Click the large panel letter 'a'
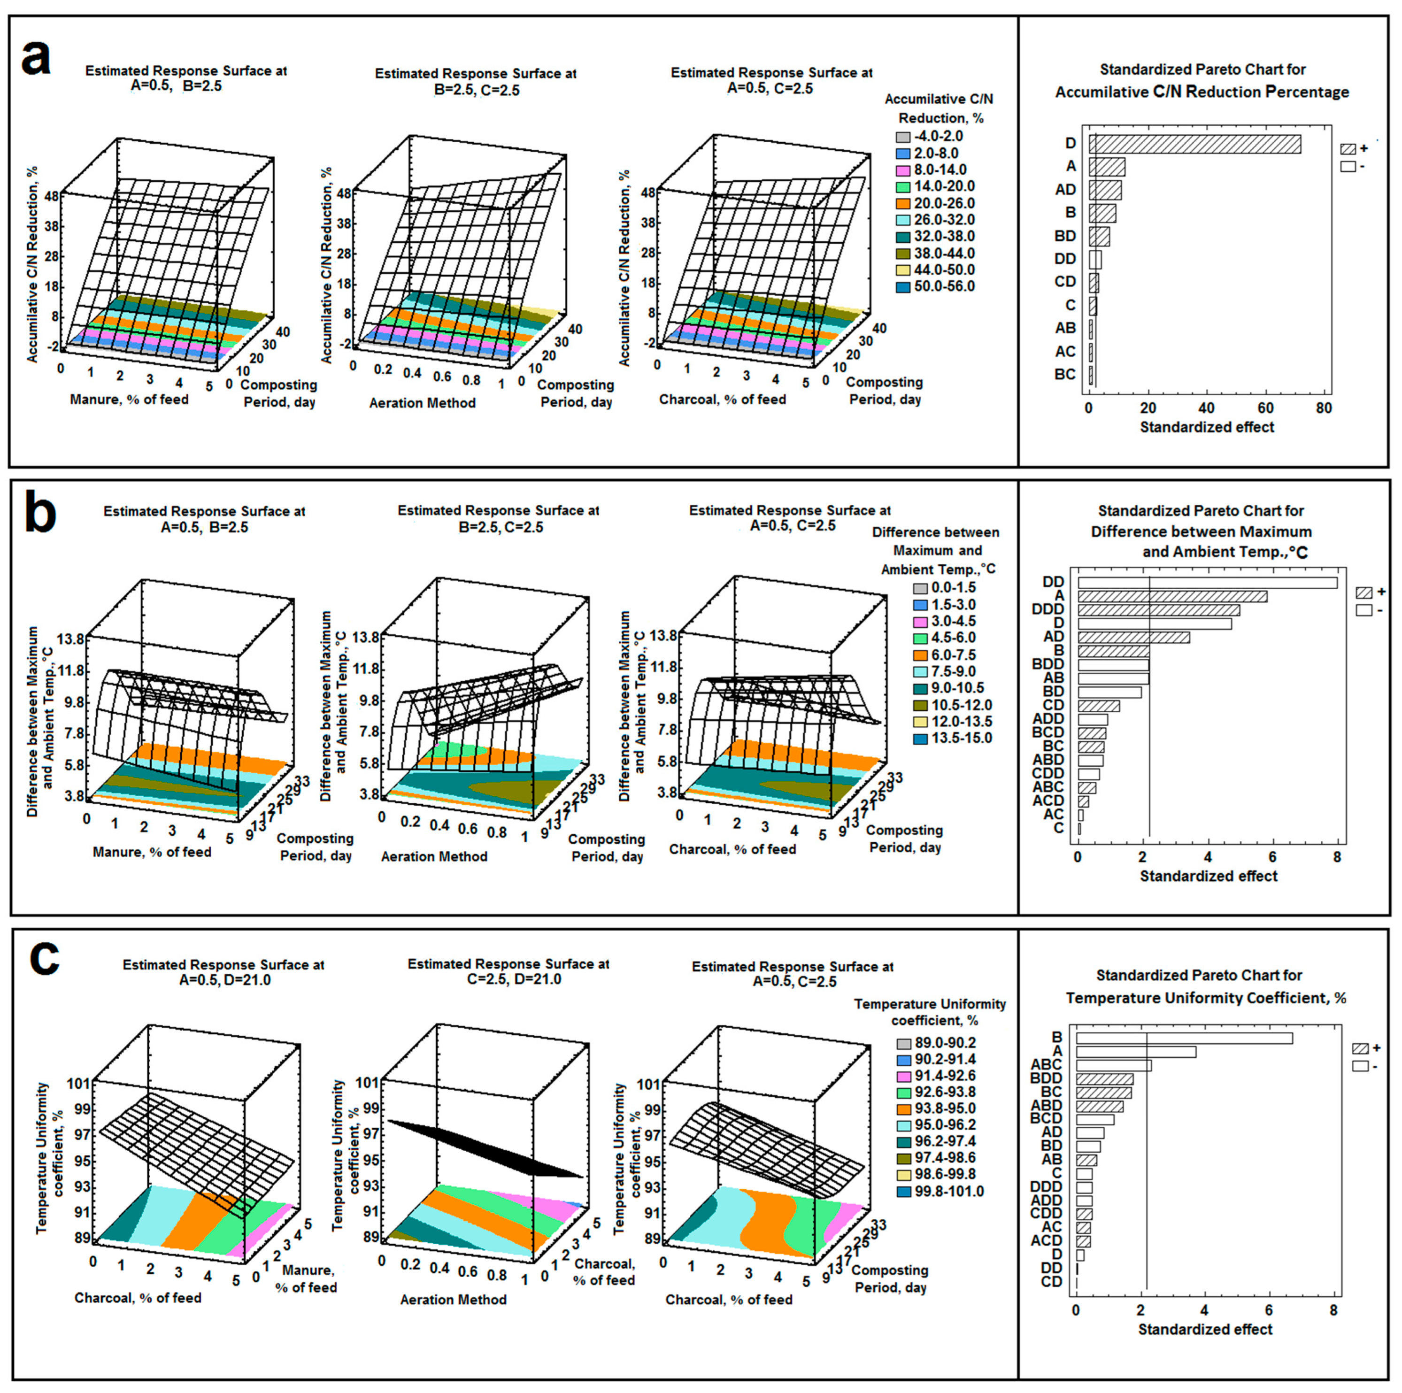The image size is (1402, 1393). pos(36,58)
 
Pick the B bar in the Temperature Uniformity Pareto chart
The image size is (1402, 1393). pos(1184,1038)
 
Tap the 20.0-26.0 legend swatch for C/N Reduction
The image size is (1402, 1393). pos(903,204)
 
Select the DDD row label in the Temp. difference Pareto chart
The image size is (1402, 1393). pos(1048,609)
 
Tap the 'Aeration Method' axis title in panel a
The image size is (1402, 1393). pos(423,403)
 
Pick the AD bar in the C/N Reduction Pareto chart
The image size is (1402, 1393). pos(1105,190)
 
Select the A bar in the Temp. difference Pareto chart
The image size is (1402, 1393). pos(1172,596)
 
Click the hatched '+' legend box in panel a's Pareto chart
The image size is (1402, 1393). pos(1348,149)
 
